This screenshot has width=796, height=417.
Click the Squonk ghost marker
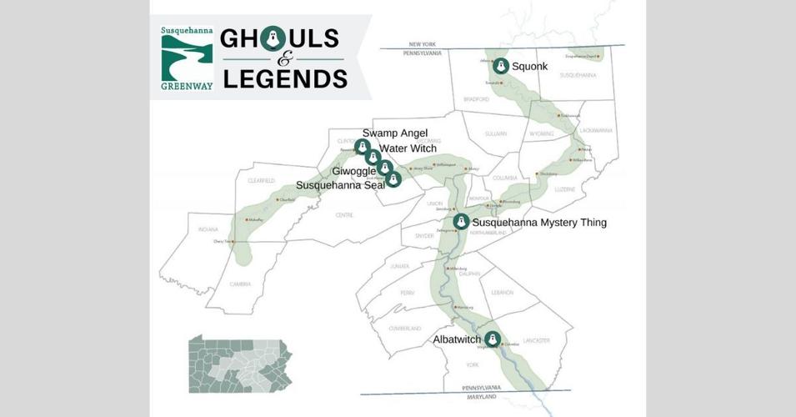500,66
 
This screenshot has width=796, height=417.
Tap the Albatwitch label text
457,339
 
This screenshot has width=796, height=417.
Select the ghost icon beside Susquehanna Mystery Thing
461,222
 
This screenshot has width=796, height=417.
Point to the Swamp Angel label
395,133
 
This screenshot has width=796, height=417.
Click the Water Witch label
408,148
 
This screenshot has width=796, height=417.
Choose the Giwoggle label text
353,170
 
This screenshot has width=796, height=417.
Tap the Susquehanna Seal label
340,185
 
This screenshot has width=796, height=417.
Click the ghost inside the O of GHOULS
268,39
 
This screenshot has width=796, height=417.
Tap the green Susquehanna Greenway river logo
187,58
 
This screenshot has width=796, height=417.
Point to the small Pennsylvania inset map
240,364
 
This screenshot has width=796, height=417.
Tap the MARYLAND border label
483,396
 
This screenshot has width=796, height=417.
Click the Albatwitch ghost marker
492,339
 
